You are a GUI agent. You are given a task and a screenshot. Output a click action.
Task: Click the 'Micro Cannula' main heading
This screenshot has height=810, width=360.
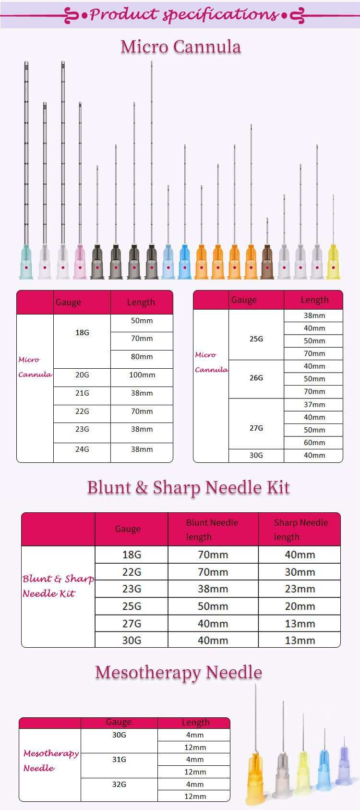click(x=180, y=47)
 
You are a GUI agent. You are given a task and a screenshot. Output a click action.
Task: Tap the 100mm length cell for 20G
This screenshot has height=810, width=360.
click(x=142, y=375)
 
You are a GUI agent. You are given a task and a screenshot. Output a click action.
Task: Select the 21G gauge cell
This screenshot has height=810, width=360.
click(x=82, y=393)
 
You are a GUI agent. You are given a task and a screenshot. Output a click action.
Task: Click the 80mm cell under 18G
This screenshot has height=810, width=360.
click(x=142, y=357)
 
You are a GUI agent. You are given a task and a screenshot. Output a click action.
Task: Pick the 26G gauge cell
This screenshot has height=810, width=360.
click(x=256, y=378)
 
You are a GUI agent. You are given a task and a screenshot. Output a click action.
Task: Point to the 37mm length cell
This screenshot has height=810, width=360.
click(x=314, y=405)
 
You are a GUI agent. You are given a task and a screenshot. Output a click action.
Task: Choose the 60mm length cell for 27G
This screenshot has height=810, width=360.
click(x=314, y=443)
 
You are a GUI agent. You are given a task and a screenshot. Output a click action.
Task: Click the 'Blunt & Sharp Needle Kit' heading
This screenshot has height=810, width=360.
click(x=188, y=487)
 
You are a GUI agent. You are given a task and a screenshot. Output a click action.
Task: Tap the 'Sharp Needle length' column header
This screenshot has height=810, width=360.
click(x=300, y=529)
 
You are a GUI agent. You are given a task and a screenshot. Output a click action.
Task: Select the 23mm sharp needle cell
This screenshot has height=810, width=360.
click(x=300, y=589)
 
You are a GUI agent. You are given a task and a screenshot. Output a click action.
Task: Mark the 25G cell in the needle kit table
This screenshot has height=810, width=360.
click(x=132, y=606)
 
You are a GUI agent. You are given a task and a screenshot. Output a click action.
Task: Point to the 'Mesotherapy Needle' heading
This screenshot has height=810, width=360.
click(x=179, y=672)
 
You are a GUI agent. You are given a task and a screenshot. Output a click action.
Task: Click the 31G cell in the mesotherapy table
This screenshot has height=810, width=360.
click(x=119, y=760)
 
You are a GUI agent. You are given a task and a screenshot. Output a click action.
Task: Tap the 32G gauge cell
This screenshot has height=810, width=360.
click(x=119, y=785)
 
